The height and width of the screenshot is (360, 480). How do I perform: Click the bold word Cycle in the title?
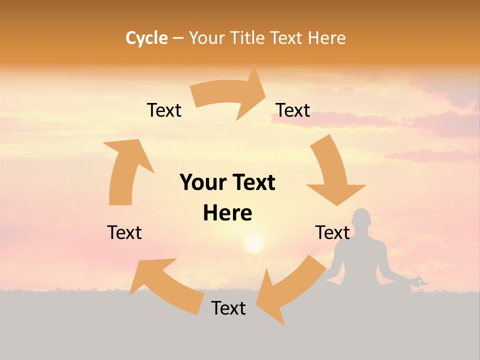click(146, 38)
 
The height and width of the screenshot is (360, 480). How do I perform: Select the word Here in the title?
click(326, 38)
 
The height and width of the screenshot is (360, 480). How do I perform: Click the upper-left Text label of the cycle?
click(164, 110)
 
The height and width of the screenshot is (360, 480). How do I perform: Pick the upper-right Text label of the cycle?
click(293, 110)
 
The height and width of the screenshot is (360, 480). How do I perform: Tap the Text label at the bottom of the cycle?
click(228, 308)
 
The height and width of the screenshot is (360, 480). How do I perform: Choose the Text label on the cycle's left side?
click(124, 232)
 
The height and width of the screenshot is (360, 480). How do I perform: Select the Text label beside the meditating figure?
click(332, 232)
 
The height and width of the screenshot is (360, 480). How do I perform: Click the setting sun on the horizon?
click(253, 243)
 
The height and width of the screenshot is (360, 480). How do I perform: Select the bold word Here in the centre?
click(227, 213)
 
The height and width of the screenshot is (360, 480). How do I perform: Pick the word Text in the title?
click(287, 38)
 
